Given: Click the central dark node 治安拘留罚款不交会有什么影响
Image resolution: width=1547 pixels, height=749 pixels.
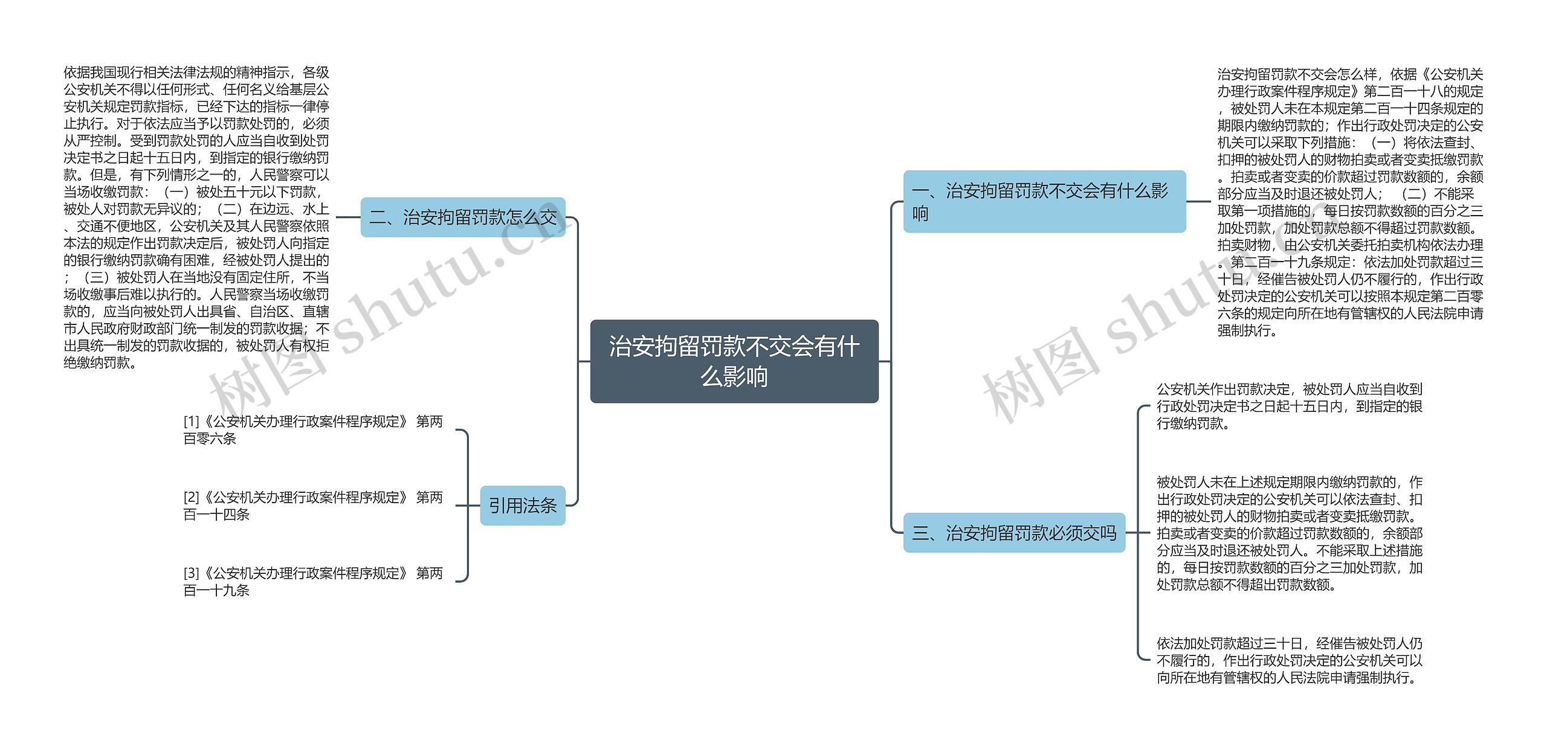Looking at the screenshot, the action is (734, 361).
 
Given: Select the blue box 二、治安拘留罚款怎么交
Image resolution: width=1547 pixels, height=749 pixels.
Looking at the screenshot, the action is (463, 217).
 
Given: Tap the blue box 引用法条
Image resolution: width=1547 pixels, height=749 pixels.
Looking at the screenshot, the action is (523, 506).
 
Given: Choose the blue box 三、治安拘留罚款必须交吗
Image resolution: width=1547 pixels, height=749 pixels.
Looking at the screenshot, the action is (1014, 533).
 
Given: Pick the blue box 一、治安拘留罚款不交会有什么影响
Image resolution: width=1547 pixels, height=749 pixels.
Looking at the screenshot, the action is (1044, 202).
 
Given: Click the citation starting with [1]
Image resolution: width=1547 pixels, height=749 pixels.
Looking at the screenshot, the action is (313, 430).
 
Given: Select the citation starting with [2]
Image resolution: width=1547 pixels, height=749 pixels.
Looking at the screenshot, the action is (313, 506).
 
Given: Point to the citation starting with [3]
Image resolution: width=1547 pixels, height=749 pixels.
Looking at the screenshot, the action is (313, 581).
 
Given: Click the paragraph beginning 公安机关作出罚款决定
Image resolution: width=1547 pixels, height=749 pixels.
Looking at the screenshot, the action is (1290, 406).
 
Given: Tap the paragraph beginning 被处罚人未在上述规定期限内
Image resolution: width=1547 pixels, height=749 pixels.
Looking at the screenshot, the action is (1290, 533).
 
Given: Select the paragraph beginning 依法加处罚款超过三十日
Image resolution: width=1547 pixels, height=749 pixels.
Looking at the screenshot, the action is (1290, 660).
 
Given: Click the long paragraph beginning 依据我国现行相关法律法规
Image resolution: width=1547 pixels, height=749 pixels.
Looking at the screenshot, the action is (196, 217).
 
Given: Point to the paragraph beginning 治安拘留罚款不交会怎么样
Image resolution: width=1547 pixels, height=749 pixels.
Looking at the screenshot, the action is (1350, 202).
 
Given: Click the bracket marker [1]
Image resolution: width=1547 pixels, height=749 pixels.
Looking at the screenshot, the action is (191, 422).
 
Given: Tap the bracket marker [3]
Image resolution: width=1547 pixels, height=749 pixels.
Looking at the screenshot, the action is (191, 573).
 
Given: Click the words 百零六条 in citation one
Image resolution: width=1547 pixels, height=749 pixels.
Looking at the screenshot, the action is (210, 439).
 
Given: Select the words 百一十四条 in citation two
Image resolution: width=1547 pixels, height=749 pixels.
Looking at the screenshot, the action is (216, 515).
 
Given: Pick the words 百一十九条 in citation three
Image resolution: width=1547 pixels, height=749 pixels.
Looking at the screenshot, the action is (216, 590).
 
